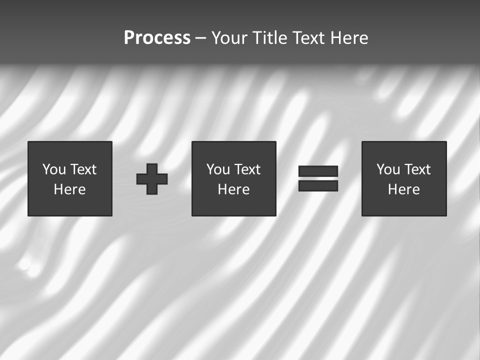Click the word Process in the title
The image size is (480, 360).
[x=157, y=38]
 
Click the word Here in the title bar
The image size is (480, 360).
[x=348, y=38]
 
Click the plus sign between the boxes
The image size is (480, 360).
[x=152, y=179]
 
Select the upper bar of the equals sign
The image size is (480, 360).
[x=318, y=171]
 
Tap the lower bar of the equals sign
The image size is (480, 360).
[x=318, y=186]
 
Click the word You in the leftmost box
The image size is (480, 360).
[x=54, y=169]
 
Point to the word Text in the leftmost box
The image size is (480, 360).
[x=82, y=169]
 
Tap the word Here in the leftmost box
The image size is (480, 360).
[x=70, y=189]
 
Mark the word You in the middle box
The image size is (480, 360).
[x=218, y=169]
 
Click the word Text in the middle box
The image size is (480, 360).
[x=246, y=169]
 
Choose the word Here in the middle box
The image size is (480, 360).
[x=233, y=189]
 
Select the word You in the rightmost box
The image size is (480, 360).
[x=388, y=169]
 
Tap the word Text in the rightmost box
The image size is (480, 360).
[x=416, y=169]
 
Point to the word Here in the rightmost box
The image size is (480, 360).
[x=404, y=189]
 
